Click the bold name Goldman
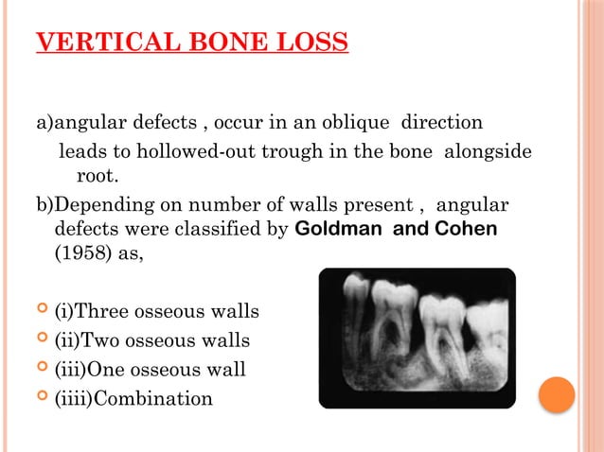pos(337,229)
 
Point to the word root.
pos(95,175)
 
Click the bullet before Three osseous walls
pos(42,311)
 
